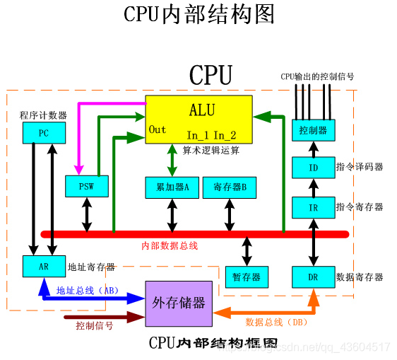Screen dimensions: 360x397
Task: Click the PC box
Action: [x=44, y=132]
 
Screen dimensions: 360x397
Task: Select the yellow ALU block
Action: [x=198, y=120]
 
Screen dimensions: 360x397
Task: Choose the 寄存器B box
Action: [x=229, y=187]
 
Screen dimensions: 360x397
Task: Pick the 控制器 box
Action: [x=313, y=131]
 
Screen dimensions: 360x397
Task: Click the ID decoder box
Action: [x=313, y=168]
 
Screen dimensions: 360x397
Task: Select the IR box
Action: [x=313, y=207]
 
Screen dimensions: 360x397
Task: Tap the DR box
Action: [x=313, y=277]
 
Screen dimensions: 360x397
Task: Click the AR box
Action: [x=44, y=267]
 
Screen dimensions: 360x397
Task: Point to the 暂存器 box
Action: [x=247, y=277]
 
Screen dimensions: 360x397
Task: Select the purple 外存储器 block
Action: [x=179, y=303]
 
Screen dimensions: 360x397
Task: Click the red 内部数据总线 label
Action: [x=170, y=246]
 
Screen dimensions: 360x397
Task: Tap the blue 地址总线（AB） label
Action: [x=88, y=290]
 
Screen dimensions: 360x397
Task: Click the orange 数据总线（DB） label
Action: [x=275, y=322]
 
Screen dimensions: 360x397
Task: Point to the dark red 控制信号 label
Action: [x=95, y=326]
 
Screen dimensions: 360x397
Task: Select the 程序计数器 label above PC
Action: [x=44, y=115]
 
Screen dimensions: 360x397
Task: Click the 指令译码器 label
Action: [x=360, y=167]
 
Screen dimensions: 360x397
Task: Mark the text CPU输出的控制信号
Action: [x=316, y=76]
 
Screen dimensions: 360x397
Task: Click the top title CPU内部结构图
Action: [x=198, y=14]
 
